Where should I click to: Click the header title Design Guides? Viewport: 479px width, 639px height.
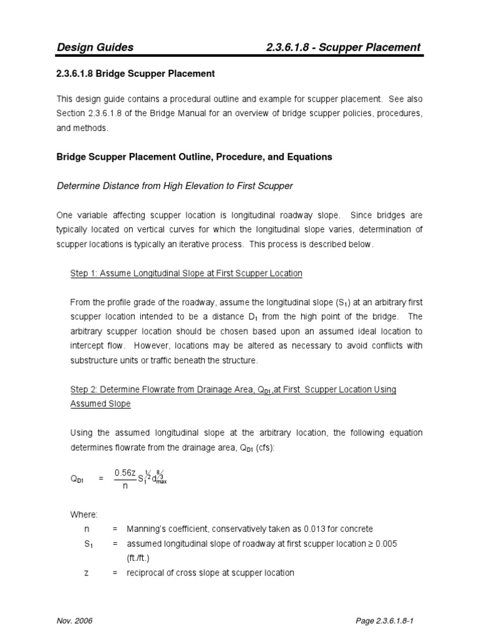click(x=95, y=47)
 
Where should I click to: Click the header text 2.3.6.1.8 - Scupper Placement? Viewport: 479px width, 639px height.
click(x=343, y=47)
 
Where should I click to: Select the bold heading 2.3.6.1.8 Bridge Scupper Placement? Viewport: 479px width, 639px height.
click(x=136, y=74)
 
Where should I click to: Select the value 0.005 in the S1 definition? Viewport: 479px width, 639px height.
click(x=385, y=544)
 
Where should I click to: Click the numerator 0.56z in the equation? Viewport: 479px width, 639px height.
click(x=125, y=472)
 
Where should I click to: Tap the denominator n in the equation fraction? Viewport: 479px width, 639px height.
click(x=125, y=486)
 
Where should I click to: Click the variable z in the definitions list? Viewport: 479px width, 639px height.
click(x=86, y=572)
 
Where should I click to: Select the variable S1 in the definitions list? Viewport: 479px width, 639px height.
click(x=87, y=544)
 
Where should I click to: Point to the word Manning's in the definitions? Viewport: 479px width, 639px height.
click(x=147, y=529)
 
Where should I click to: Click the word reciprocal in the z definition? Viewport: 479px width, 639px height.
click(x=147, y=572)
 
